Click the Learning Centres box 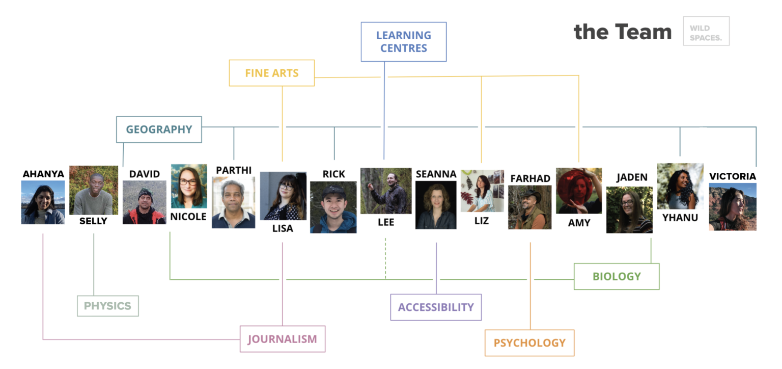coord(403,42)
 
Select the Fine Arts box coord(271,73)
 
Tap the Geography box coord(159,129)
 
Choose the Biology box coord(616,276)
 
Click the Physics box coord(107,306)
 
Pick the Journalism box coord(282,339)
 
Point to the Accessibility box coord(436,307)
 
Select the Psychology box coord(529,342)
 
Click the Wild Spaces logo coord(706,31)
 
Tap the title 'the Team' coord(623,32)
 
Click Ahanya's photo coord(43,202)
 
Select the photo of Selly coord(93,190)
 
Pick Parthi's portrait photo coord(233,202)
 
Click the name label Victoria coord(732,176)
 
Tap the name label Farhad coord(529,178)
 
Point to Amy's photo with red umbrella coord(578,191)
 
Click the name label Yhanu coord(680,218)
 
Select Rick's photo coord(333,207)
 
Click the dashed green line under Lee coord(385,259)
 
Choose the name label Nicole coord(188,217)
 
